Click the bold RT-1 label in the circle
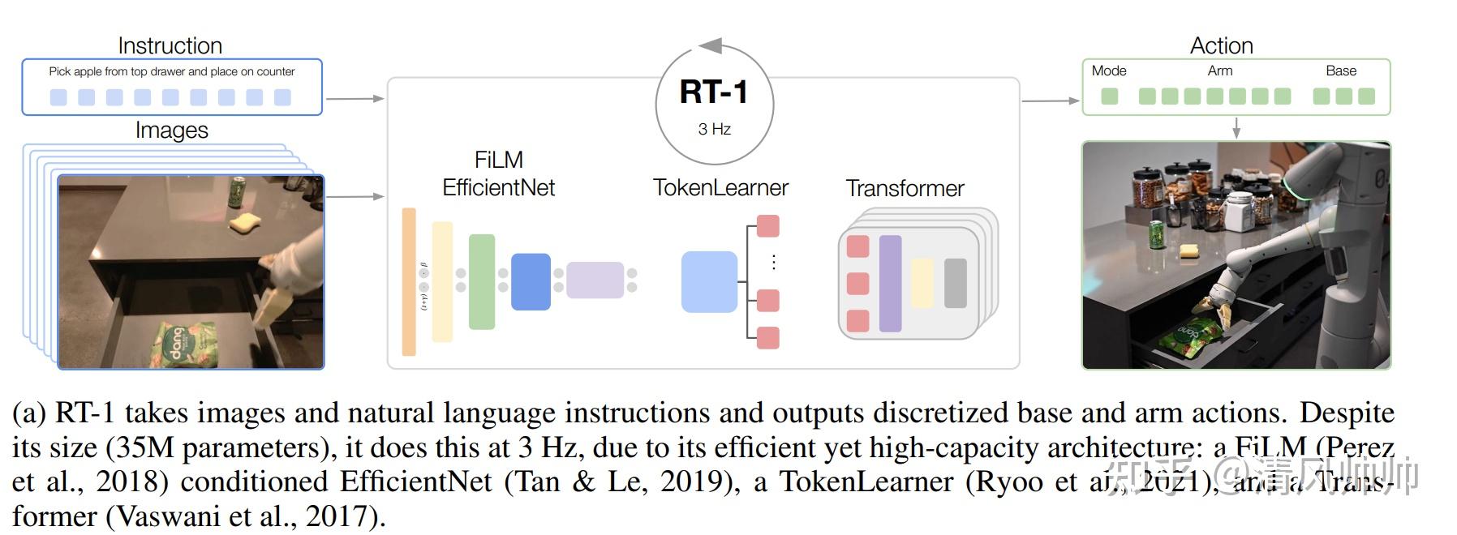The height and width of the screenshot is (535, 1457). coord(713,92)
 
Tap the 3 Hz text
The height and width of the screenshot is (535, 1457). coord(714,129)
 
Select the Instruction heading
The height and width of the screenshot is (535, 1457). coord(170,45)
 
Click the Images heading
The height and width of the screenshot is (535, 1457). coord(171,130)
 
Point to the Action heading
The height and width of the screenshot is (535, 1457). coord(1221,45)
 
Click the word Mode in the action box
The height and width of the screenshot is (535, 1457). coord(1108,71)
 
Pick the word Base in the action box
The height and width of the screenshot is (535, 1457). coord(1340,71)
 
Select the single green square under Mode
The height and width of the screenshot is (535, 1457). coord(1109,96)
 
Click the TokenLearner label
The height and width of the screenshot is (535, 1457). coord(720,188)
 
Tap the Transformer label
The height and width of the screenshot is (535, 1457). coord(905,189)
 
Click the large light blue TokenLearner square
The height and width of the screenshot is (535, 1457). coord(709,282)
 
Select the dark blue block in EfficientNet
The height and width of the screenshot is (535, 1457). coord(531,281)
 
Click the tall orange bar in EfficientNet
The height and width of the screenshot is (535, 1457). coord(409,281)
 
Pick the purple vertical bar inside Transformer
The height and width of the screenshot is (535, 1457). coord(890,283)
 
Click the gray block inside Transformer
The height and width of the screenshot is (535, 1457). coord(955,283)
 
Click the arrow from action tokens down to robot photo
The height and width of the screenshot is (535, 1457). coord(1236,128)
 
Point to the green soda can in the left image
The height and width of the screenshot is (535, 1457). coord(237,191)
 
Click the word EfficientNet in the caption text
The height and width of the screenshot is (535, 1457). coord(415,481)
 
